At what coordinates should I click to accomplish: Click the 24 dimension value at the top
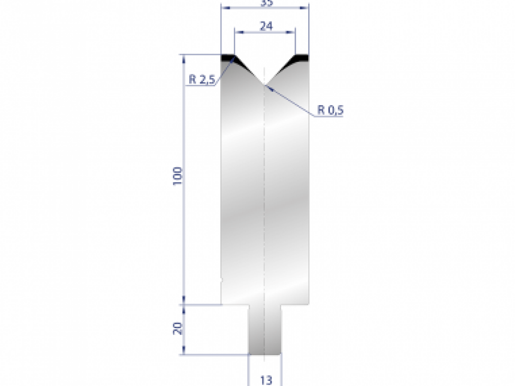coord(266,26)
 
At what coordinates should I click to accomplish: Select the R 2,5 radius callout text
coord(201,80)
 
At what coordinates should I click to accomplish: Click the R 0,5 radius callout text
coord(330,110)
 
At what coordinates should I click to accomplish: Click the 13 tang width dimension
coord(266,380)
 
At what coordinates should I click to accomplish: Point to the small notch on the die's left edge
coord(221,280)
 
